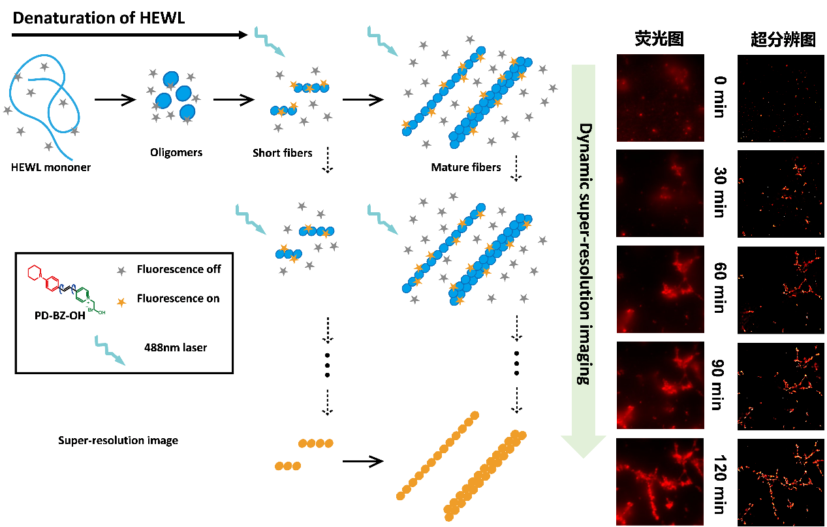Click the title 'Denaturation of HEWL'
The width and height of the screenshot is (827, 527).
pyautogui.click(x=99, y=18)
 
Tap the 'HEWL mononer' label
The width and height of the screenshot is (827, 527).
pyautogui.click(x=51, y=167)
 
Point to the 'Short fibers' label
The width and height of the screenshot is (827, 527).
pyautogui.click(x=283, y=153)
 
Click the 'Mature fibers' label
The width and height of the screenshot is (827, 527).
pyautogui.click(x=466, y=167)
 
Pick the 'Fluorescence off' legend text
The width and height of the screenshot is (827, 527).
pyautogui.click(x=179, y=269)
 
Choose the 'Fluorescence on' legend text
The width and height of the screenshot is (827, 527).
pyautogui.click(x=178, y=299)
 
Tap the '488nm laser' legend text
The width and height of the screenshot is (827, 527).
pyautogui.click(x=176, y=347)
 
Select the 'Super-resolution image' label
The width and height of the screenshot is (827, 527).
pyautogui.click(x=118, y=440)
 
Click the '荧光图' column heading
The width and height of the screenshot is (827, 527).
pyautogui.click(x=659, y=40)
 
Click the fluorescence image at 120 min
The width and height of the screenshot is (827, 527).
pyautogui.click(x=660, y=481)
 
